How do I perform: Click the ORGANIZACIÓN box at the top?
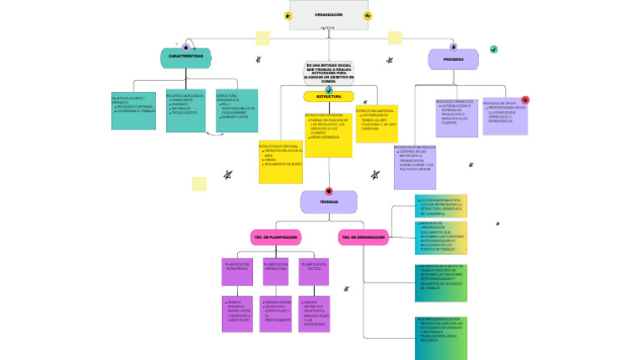click(328, 15)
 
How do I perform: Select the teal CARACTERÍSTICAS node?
click(185, 58)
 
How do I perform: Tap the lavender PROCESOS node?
click(453, 59)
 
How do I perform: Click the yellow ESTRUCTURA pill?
click(329, 97)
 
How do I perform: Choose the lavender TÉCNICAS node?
click(329, 201)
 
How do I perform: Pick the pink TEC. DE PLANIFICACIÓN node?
click(275, 238)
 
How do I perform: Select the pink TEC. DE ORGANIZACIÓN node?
click(363, 238)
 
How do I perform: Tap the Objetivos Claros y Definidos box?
click(134, 110)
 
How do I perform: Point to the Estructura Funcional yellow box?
click(280, 162)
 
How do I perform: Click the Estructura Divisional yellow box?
click(328, 134)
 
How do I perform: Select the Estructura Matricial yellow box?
click(376, 124)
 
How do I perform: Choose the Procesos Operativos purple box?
click(457, 118)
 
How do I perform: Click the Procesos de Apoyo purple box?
click(505, 118)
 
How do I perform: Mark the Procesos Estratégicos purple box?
click(415, 166)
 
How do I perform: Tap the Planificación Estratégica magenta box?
click(237, 271)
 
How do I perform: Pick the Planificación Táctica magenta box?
click(314, 271)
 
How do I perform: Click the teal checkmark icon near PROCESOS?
click(494, 49)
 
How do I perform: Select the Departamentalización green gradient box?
click(441, 337)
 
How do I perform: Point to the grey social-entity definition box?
click(329, 73)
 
